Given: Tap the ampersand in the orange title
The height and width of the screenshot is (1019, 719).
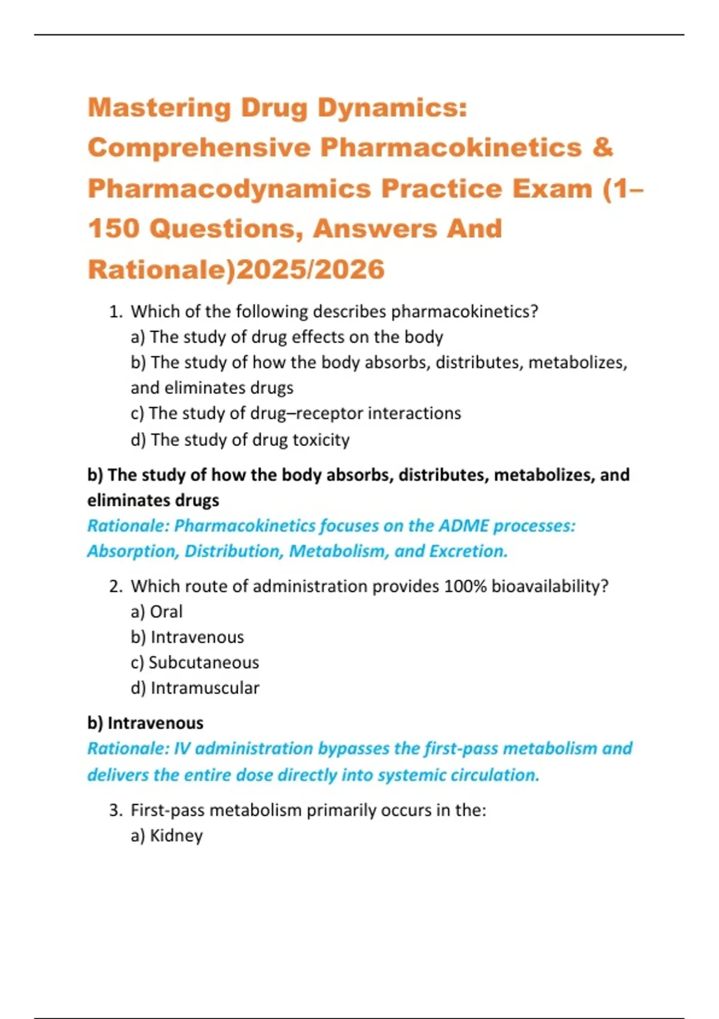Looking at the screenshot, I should tap(602, 147).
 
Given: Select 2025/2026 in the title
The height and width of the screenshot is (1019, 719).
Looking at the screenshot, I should tap(310, 269).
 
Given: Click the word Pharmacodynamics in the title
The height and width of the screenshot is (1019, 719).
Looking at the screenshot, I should tap(229, 189).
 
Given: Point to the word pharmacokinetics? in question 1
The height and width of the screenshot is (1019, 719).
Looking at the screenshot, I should tap(464, 312).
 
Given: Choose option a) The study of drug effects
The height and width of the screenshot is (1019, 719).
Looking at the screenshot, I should tap(286, 337).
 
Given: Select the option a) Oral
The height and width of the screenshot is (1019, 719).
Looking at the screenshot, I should tap(156, 611).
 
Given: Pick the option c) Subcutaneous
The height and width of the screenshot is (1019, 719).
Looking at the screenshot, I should tap(195, 662).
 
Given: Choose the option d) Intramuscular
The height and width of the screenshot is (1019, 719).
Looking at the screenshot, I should tap(195, 688).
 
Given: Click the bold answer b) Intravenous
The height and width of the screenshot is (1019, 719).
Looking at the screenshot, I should tap(146, 723).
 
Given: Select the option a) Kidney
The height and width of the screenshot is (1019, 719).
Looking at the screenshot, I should tap(167, 836).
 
